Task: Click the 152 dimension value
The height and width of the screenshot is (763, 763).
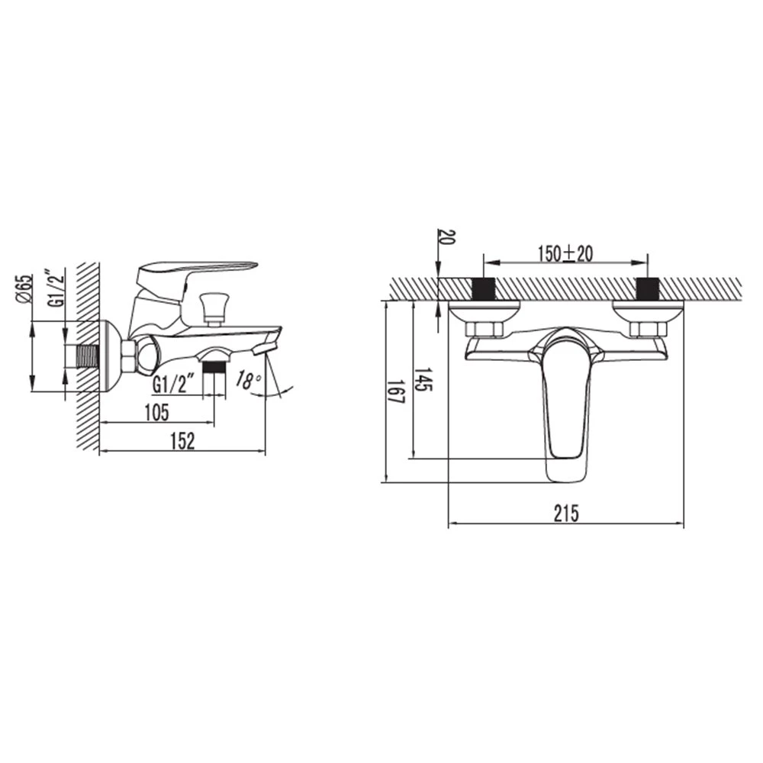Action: coord(182,441)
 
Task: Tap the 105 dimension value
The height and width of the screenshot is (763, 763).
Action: coord(156,413)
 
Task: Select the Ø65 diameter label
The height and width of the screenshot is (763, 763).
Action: coord(24,289)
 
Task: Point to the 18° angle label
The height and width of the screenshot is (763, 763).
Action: coord(249,380)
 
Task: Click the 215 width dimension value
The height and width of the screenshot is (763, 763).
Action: coord(566,513)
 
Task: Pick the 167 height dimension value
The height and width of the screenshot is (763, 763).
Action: coord(396,391)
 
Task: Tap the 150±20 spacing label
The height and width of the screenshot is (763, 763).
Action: coord(565,253)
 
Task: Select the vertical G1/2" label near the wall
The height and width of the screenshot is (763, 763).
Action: coord(56,288)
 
